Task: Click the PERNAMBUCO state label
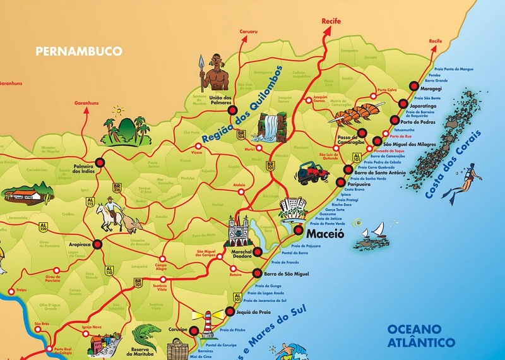tap(79, 51)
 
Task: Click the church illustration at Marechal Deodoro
tap(238, 231)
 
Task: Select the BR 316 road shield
tap(116, 187)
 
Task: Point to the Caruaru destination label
tap(249, 30)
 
